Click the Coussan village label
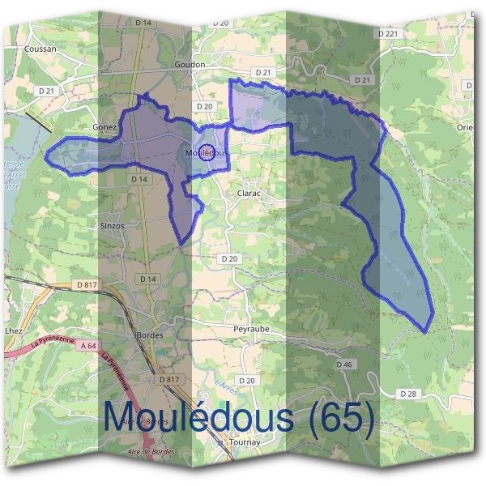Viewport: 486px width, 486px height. click(40, 49)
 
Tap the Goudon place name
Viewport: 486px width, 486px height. click(190, 64)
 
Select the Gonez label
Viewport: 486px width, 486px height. click(105, 127)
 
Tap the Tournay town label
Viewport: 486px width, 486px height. click(244, 443)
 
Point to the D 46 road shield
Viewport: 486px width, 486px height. click(344, 365)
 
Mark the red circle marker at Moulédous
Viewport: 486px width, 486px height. click(207, 151)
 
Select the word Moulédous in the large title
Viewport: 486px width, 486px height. click(198, 417)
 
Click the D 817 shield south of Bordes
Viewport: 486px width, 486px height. click(168, 379)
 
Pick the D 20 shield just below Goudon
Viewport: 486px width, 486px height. click(204, 106)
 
